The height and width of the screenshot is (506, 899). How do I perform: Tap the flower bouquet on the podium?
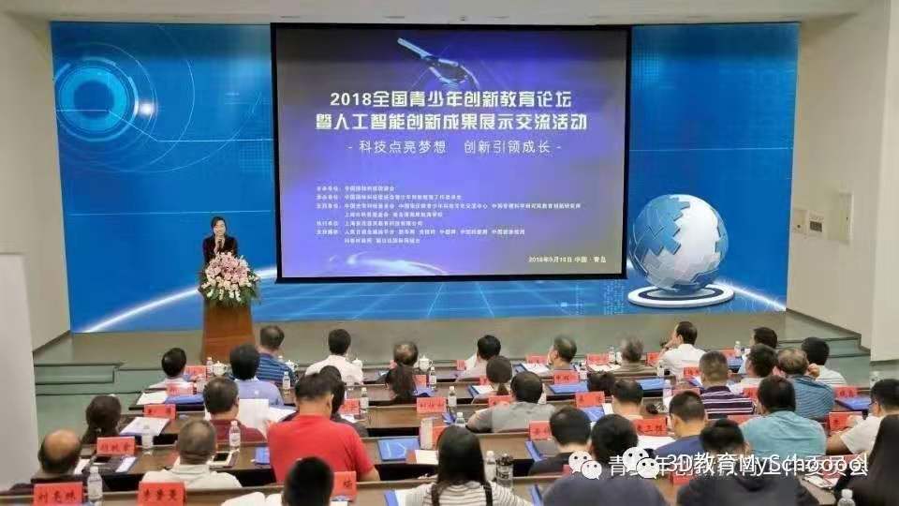pyautogui.click(x=228, y=278)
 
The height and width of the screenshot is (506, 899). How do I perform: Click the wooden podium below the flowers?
pyautogui.click(x=228, y=330)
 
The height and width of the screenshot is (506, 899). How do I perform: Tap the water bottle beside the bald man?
pyautogui.click(x=94, y=484)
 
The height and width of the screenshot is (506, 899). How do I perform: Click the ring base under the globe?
pyautogui.click(x=680, y=295)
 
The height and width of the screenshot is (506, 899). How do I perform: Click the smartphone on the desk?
pyautogui.click(x=222, y=458)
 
